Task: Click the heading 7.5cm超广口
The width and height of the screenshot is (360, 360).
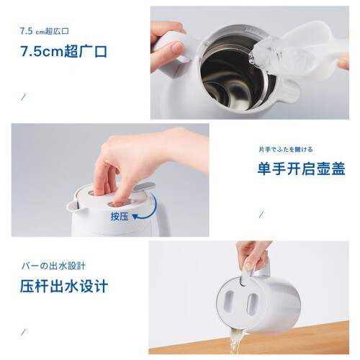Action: click(x=63, y=51)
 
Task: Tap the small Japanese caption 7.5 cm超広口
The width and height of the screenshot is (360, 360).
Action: click(x=45, y=31)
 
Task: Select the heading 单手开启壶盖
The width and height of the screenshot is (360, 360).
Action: click(x=301, y=168)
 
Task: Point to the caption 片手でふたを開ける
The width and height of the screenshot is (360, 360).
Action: click(x=286, y=150)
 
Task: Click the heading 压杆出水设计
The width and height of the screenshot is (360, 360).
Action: click(x=64, y=286)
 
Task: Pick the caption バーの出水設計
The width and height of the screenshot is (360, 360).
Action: click(x=53, y=266)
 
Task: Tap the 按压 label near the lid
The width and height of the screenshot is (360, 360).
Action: click(x=120, y=217)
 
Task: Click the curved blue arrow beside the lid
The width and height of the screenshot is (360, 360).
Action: click(x=149, y=210)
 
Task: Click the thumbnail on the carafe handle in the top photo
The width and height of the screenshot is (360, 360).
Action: click(x=177, y=48)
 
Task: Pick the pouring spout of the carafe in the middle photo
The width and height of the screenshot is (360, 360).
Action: click(x=73, y=206)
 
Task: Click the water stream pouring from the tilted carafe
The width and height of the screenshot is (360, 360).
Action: click(x=235, y=341)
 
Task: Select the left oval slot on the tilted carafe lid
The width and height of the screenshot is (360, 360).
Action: click(x=230, y=302)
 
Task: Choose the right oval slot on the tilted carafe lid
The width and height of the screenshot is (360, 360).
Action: click(x=252, y=304)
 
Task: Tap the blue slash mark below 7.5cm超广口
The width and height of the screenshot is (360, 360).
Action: click(x=23, y=97)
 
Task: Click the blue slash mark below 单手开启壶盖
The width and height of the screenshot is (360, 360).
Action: click(x=261, y=215)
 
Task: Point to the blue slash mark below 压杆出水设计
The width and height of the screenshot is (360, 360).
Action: click(x=23, y=332)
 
